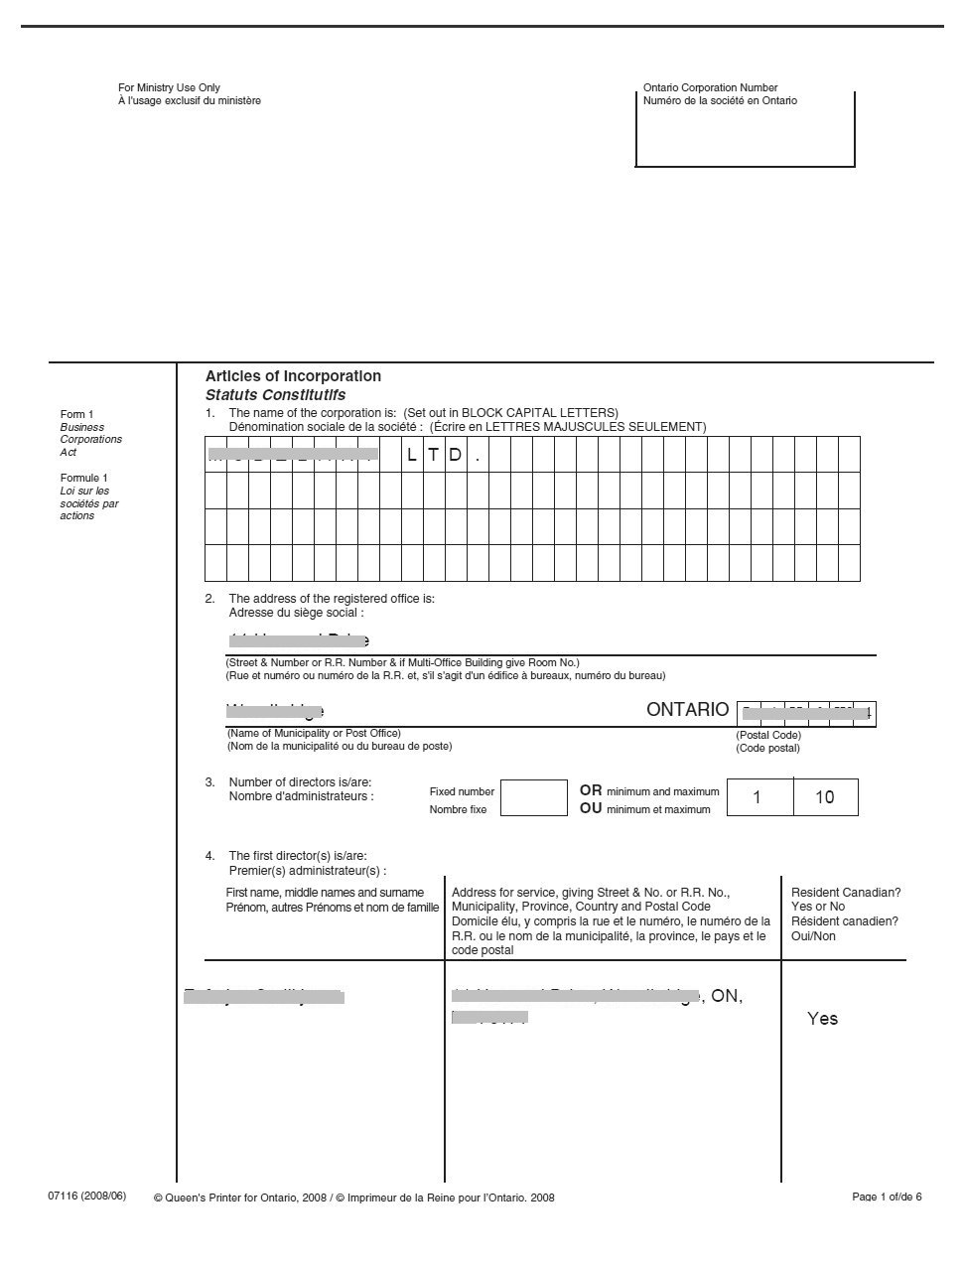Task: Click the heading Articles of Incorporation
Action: tap(293, 376)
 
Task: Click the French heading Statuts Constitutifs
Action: tap(275, 395)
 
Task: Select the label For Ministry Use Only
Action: tap(169, 88)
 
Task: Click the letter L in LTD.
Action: tap(412, 456)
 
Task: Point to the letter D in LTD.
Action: tap(455, 456)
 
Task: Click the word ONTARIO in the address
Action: tap(687, 710)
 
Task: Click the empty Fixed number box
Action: tap(533, 798)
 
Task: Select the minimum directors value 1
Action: tap(758, 797)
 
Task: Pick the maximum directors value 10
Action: tap(824, 797)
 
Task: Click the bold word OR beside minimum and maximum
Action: tap(591, 790)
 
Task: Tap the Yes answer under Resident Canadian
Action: tap(822, 1019)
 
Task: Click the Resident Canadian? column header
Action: tap(846, 893)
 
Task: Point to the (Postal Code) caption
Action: tap(767, 736)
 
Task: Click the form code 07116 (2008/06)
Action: tap(87, 1196)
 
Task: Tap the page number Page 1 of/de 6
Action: tap(887, 1197)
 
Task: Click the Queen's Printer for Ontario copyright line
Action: tap(354, 1198)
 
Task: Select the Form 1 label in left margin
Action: tap(76, 414)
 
